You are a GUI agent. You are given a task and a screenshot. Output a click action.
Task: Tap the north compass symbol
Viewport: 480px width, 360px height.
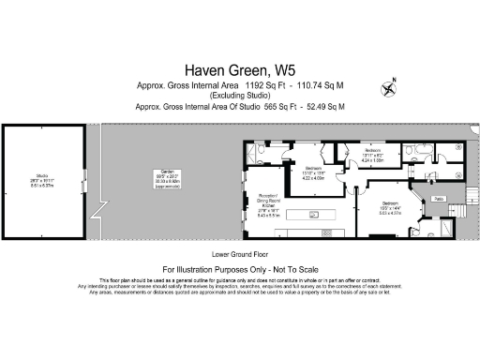389,88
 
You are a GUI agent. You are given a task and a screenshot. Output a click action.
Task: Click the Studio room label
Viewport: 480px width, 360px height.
42,180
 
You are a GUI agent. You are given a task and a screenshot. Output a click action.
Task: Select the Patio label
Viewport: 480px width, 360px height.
437,200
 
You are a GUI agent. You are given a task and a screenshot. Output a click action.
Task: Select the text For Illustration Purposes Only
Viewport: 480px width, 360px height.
240,268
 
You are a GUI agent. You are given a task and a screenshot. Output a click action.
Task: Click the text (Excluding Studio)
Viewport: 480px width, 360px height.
240,95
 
